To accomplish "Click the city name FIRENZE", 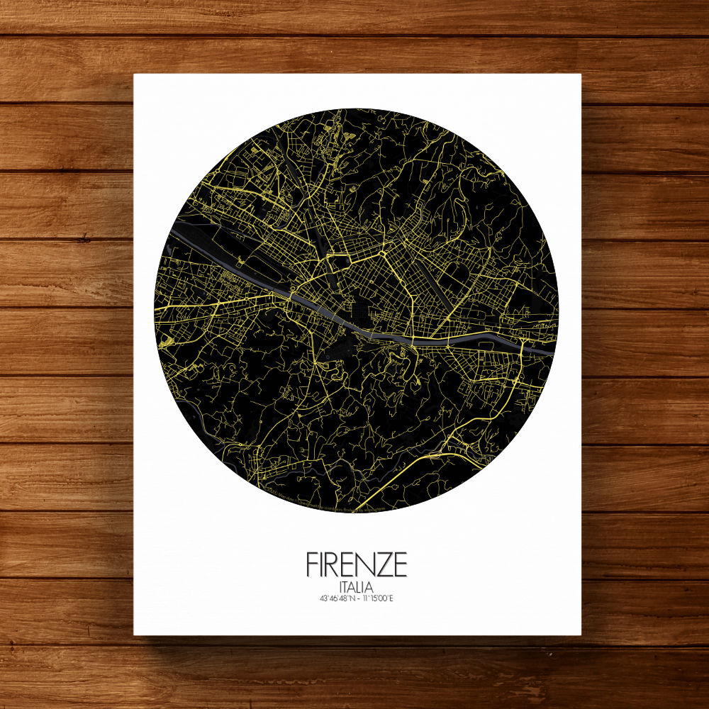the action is tap(357, 564).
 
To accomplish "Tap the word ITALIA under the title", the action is tap(357, 588).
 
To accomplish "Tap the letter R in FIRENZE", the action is tap(335, 564).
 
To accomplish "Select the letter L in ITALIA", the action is tap(362, 588).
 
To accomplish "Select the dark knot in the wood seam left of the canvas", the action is tap(84, 238).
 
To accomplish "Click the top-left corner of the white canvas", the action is tap(135, 74).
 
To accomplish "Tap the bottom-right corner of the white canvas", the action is tap(581, 635).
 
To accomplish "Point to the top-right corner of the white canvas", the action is tap(581, 74).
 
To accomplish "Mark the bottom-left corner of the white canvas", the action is tap(135, 635).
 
